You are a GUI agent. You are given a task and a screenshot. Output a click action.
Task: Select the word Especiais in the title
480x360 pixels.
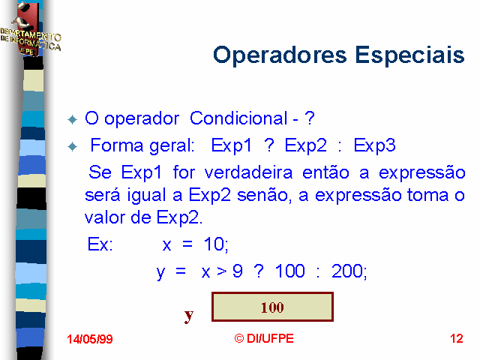(x=410, y=55)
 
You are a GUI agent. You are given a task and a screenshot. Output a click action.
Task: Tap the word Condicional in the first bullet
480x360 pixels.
(x=238, y=118)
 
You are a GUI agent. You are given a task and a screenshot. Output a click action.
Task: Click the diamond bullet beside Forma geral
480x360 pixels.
(x=73, y=147)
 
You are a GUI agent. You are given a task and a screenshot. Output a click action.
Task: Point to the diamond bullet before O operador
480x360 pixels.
(x=73, y=119)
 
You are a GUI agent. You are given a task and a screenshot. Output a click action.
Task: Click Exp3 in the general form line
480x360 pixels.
(x=375, y=145)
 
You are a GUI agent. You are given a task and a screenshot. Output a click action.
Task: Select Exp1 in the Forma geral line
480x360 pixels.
(x=232, y=145)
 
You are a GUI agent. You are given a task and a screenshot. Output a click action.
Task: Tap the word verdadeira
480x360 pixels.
(x=248, y=172)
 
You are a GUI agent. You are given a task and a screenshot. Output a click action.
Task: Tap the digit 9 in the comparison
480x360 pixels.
(x=238, y=271)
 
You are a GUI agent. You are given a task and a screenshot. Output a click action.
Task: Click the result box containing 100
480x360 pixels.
(x=272, y=307)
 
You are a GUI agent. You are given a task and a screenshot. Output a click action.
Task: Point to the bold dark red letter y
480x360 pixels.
(x=189, y=315)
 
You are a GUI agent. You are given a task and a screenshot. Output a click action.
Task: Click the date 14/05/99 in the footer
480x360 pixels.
(x=90, y=339)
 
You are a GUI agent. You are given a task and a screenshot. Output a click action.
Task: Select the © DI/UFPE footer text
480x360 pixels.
(x=264, y=338)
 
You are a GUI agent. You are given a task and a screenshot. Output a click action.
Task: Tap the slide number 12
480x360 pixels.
(x=457, y=338)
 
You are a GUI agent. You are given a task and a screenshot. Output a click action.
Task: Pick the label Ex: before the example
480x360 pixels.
(x=100, y=244)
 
